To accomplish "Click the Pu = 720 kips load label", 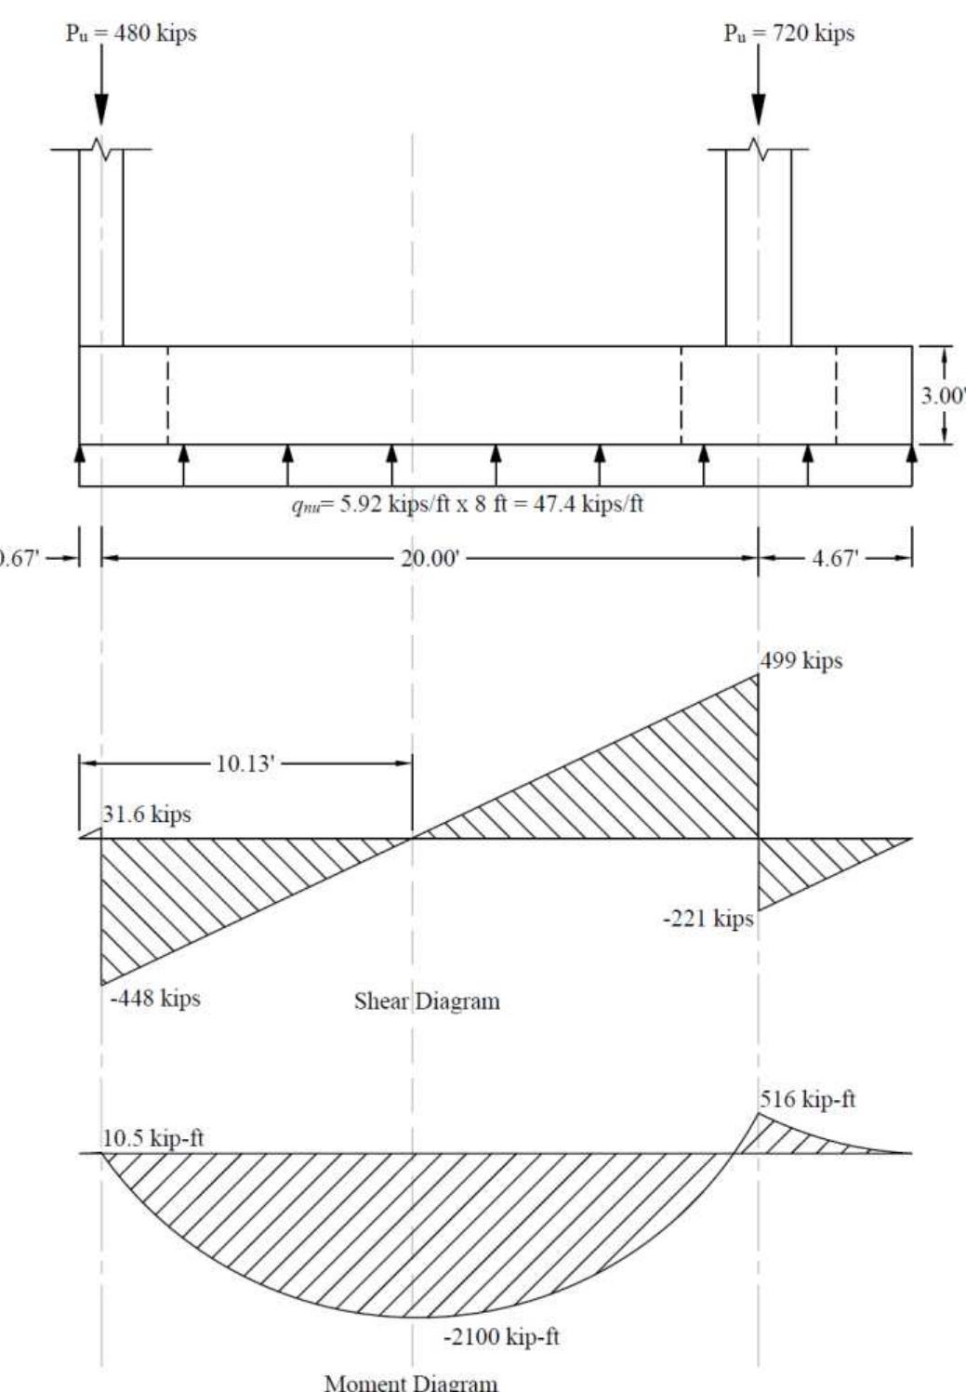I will [x=789, y=33].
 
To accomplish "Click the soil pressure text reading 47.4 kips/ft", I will [x=465, y=507].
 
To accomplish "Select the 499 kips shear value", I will [x=801, y=661].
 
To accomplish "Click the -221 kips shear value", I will [x=708, y=920].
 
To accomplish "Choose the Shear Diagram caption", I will [x=427, y=1001].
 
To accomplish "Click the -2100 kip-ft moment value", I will [x=501, y=1338].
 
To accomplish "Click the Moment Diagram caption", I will [x=410, y=1382].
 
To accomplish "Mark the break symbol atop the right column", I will [x=759, y=150].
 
